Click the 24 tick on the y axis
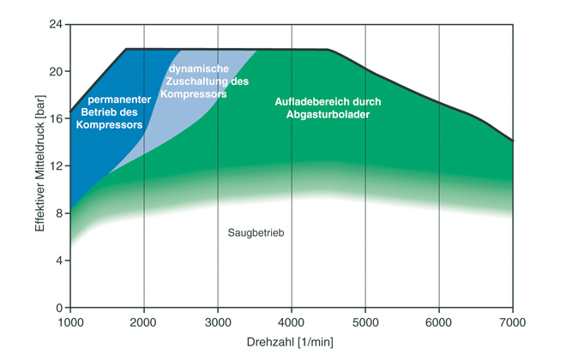click(56, 24)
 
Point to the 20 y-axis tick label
click(56, 71)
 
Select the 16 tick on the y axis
click(56, 118)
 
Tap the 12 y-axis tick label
click(56, 166)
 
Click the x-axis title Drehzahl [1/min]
click(292, 342)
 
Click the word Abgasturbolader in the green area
click(328, 115)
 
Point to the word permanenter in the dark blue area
click(120, 99)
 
